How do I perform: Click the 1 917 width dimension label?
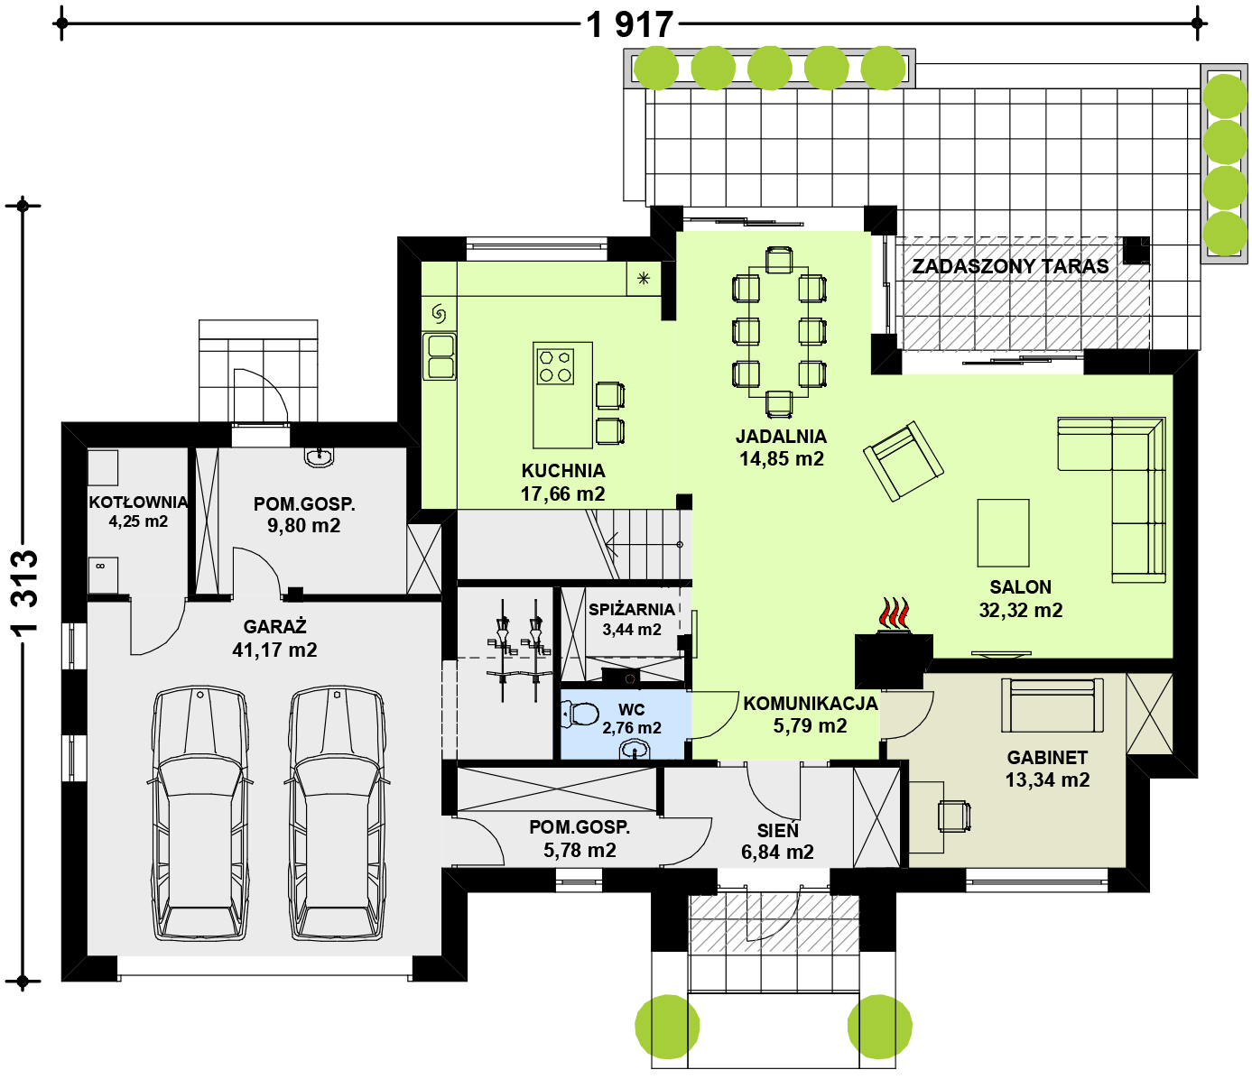630,25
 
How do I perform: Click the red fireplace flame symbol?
894,614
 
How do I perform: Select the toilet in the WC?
580,714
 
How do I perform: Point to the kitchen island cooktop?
555,366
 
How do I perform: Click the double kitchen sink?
440,356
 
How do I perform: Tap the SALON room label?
1021,586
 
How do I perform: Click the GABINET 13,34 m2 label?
1047,769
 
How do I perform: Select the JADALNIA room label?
782,436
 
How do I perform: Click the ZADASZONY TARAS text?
1010,266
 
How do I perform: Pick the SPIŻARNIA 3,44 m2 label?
632,619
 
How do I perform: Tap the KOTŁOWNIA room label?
138,502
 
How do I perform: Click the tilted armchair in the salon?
903,461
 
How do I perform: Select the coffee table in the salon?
1003,532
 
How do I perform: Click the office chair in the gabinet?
954,816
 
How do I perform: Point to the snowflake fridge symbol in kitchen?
644,279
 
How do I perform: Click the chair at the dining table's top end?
778,261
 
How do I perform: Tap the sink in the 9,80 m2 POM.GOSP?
319,457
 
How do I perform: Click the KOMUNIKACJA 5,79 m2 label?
811,714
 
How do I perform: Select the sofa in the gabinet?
1053,705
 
